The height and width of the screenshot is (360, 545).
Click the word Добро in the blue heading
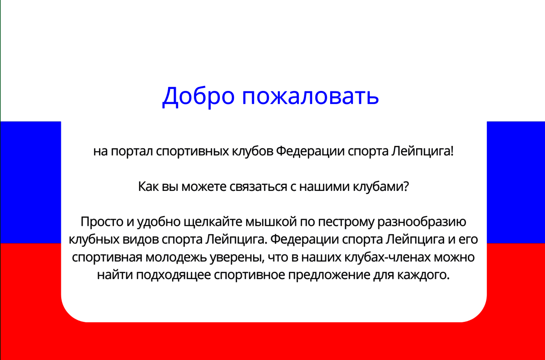point(198,96)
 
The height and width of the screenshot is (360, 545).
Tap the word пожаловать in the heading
point(310,96)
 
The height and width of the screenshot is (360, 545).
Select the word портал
point(132,151)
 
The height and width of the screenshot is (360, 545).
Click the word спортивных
point(192,151)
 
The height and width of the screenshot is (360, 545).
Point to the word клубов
point(253,151)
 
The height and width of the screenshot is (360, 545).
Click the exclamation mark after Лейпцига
point(452,151)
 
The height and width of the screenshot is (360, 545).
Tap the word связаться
point(258,187)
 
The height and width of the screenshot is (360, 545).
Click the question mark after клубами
point(406,186)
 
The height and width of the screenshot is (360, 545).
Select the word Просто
point(102,222)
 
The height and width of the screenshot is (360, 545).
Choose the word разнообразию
point(421,222)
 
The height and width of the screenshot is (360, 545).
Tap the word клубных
point(94,240)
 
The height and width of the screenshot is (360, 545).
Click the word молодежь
point(176,257)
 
